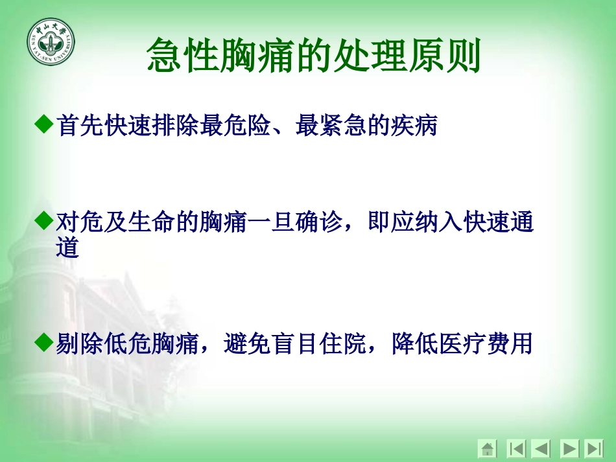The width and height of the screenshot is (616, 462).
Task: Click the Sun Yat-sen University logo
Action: pos(51,42)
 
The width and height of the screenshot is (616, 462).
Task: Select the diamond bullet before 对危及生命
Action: pos(43,222)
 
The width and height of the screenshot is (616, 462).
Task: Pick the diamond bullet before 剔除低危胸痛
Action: pos(43,341)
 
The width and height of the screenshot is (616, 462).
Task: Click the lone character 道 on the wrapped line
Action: pos(67,248)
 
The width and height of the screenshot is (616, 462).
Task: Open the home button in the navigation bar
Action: pos(487,448)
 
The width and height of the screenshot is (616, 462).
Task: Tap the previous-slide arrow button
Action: pos(541,448)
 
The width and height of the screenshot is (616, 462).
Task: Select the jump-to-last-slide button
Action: pos(593,448)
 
